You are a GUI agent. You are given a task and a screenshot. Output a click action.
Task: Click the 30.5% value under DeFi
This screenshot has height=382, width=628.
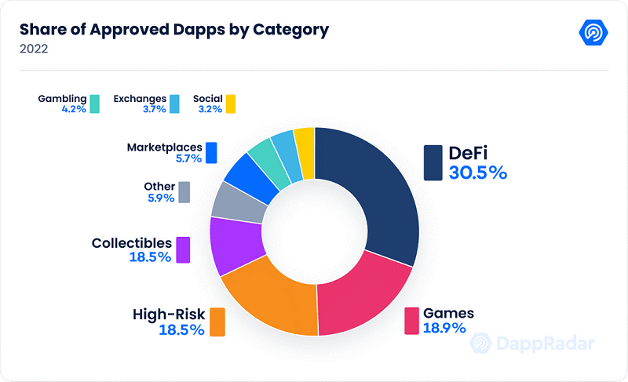477,173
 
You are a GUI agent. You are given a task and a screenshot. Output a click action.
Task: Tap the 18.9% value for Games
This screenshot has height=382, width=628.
444,328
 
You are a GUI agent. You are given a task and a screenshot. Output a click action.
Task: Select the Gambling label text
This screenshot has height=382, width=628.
62,100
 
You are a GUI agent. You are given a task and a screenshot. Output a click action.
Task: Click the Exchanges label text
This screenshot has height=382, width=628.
139,100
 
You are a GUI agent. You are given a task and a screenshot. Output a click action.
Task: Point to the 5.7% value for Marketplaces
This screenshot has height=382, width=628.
188,158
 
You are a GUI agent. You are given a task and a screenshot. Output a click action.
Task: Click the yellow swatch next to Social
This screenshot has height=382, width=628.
230,104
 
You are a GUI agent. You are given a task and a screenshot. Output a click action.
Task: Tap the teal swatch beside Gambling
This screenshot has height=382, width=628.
94,104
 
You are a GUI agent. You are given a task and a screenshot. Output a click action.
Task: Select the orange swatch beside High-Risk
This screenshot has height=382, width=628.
217,321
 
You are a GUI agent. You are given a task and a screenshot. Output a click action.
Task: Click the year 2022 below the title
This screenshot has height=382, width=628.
33,49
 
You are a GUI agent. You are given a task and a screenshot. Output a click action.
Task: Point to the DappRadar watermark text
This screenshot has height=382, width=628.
542,344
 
